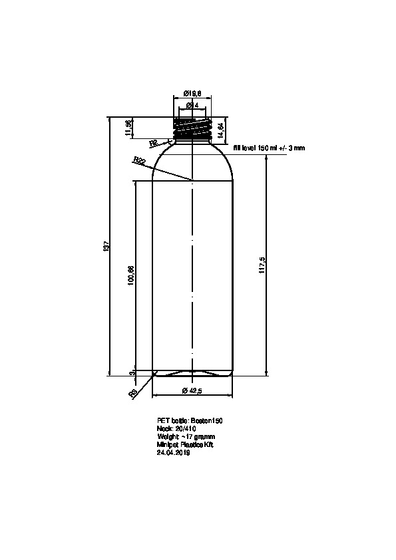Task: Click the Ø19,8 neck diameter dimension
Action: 193,94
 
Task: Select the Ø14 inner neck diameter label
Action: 193,105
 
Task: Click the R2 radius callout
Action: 152,142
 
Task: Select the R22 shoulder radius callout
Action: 139,160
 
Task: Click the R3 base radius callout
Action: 133,394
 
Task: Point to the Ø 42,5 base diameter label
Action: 192,390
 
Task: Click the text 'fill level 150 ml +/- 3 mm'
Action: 269,148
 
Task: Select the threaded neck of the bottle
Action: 193,128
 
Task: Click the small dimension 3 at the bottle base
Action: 131,373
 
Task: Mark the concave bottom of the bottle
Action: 193,372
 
